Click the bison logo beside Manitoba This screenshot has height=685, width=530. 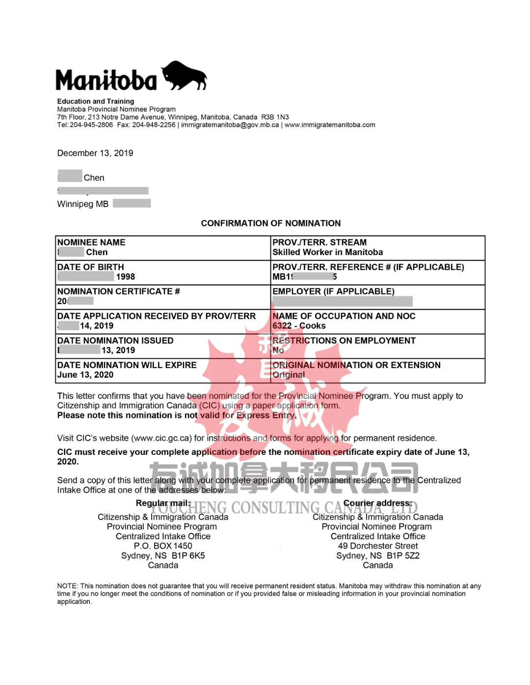[x=185, y=76]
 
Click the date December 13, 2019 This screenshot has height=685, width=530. [x=95, y=153]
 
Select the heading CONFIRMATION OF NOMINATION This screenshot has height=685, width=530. [x=270, y=223]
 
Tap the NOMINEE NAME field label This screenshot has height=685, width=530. [x=91, y=242]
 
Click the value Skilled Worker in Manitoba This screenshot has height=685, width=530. [x=327, y=252]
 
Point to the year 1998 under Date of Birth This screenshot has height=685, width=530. [x=125, y=277]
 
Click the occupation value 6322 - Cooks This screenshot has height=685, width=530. [x=299, y=326]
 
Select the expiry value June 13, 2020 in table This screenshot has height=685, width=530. [x=85, y=375]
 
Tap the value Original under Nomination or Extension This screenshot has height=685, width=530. [x=289, y=375]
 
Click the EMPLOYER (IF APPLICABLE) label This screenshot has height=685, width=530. [x=333, y=291]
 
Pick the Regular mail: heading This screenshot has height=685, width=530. [x=163, y=503]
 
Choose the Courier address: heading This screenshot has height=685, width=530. [x=378, y=503]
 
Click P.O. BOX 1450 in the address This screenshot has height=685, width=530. [x=163, y=546]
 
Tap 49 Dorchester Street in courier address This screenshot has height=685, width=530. [x=378, y=546]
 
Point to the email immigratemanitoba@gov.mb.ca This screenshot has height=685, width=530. [x=230, y=125]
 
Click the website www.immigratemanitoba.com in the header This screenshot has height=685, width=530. [x=330, y=125]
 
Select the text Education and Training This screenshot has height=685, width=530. [x=96, y=101]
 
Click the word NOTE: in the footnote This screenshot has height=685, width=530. [x=68, y=586]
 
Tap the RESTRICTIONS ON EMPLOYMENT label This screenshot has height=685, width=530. [x=344, y=341]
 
